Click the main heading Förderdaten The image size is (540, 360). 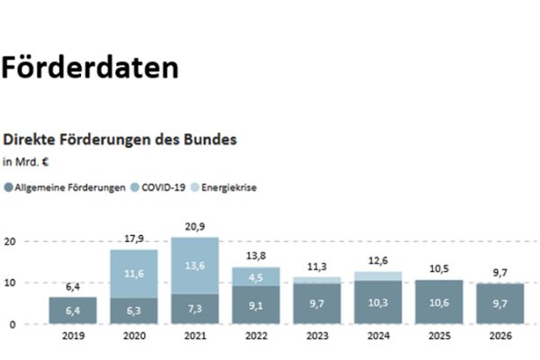point(89,68)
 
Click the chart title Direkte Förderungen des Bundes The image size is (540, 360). point(120,140)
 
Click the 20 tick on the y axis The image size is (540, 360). point(9,241)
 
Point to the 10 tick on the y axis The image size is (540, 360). point(9,283)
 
